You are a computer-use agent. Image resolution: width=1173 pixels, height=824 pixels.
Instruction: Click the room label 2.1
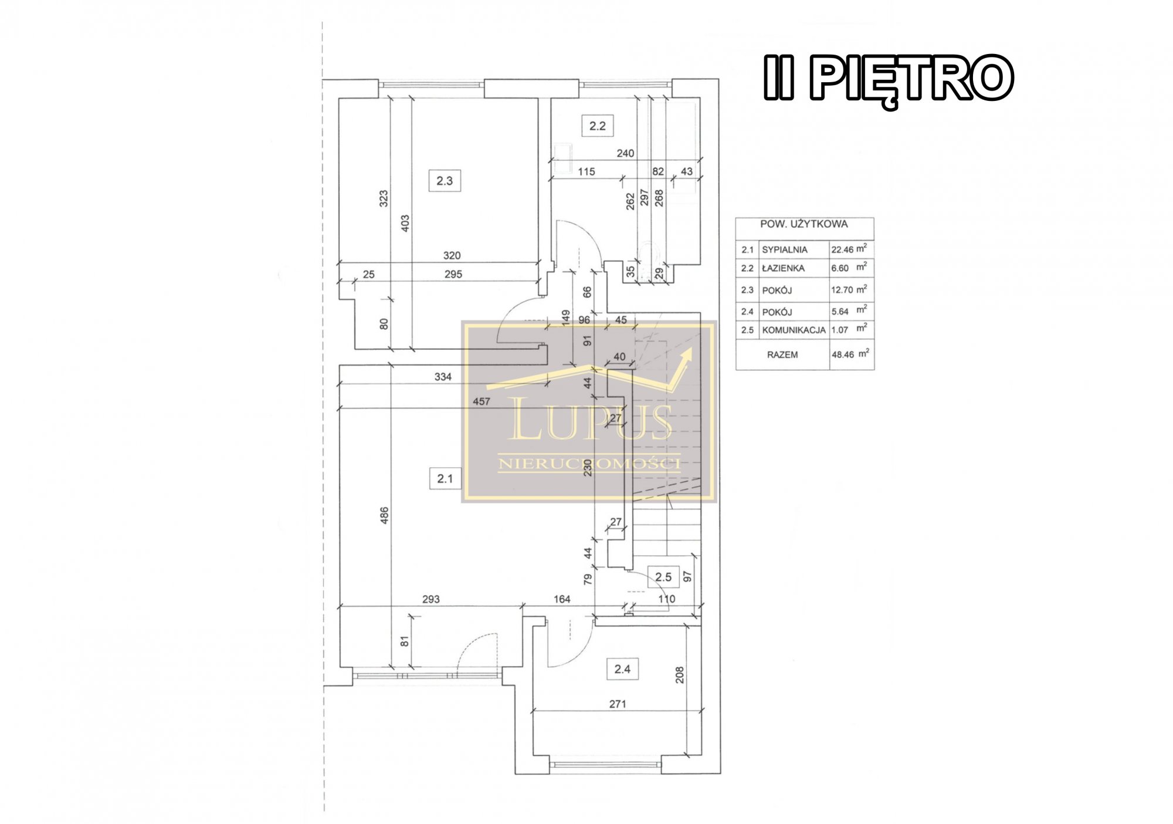click(x=445, y=478)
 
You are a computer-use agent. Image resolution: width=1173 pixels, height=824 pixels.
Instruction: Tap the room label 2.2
click(x=598, y=126)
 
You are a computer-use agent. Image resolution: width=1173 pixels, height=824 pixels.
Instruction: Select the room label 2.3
click(x=445, y=181)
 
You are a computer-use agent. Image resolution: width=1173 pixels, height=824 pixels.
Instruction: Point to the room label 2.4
click(x=622, y=668)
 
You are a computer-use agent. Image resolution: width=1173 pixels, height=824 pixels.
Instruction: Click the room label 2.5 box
click(x=663, y=577)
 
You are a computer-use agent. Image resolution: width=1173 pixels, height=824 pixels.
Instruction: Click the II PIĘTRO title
click(x=889, y=80)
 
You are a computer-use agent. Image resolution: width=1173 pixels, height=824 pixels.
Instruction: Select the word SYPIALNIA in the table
click(x=785, y=250)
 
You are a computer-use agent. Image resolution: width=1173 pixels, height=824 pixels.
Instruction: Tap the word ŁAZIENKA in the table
click(x=783, y=268)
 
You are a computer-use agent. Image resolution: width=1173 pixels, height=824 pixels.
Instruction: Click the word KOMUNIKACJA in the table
click(x=794, y=330)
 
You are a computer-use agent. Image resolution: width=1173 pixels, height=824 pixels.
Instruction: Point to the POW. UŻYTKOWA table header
click(x=804, y=224)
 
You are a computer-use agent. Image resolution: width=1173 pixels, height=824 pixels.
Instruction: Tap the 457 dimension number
click(x=482, y=401)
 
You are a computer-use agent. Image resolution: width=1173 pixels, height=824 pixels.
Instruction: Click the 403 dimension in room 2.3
click(x=405, y=223)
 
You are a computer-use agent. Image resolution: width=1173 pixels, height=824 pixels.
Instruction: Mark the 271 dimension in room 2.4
click(x=618, y=704)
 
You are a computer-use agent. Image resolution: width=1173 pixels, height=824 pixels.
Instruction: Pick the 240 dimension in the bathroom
click(x=625, y=153)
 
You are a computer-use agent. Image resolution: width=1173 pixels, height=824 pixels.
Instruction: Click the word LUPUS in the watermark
click(x=589, y=419)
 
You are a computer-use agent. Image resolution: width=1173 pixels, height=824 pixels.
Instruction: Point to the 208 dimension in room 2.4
click(x=680, y=675)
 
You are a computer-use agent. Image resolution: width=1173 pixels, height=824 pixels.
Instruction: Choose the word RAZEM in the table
click(x=782, y=355)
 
